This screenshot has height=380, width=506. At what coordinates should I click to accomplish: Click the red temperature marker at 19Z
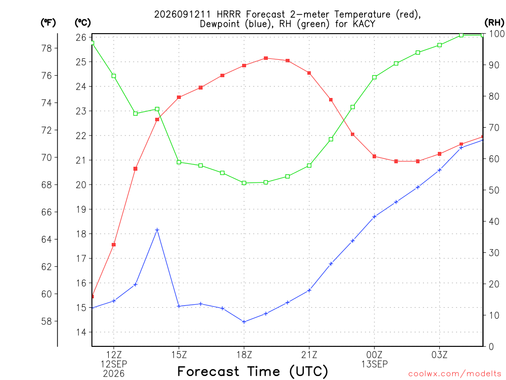(265, 58)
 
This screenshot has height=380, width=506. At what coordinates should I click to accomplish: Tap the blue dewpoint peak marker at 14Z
(157, 230)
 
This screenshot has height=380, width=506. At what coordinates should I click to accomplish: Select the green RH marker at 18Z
(244, 183)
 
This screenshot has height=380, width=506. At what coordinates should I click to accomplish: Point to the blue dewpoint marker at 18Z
(244, 322)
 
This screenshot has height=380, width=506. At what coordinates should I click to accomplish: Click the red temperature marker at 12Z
(114, 244)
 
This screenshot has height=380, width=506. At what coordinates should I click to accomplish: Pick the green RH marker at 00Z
(375, 77)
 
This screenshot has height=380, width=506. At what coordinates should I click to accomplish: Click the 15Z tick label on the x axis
(179, 355)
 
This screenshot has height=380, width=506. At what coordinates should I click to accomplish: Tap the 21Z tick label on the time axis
(309, 355)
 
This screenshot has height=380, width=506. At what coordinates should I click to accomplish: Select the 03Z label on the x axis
(439, 355)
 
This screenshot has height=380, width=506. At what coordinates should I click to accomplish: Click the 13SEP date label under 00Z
(375, 364)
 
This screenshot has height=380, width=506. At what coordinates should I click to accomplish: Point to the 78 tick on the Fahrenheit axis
(47, 48)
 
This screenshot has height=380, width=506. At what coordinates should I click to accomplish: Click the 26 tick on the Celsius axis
(81, 37)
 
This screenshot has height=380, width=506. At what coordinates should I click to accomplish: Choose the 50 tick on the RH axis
(494, 190)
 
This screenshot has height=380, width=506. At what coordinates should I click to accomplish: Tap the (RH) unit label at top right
(494, 22)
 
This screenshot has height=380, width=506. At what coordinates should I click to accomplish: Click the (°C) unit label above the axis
(83, 23)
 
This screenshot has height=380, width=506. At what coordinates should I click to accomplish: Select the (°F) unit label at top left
(48, 23)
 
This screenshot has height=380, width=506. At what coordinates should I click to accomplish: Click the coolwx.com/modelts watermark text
(455, 374)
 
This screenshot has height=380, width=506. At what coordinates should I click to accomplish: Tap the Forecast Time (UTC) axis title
(253, 372)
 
